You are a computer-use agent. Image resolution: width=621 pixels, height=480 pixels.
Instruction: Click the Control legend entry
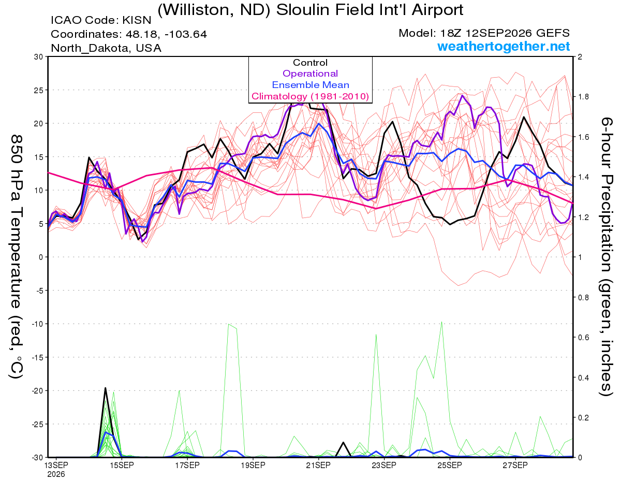tap(310, 63)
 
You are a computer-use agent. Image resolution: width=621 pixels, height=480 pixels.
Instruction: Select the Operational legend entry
tap(310, 74)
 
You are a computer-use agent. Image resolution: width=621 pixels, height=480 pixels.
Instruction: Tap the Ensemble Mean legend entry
tap(310, 85)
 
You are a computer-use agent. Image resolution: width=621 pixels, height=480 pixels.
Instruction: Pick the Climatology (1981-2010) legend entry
tap(310, 96)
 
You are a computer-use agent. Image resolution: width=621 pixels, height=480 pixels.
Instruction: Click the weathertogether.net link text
tap(504, 46)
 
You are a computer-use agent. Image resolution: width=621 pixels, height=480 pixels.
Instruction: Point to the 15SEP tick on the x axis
tap(122, 465)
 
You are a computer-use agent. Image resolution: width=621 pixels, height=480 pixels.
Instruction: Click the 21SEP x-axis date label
tap(318, 465)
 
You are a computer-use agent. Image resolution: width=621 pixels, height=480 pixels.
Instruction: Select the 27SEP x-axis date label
tap(515, 465)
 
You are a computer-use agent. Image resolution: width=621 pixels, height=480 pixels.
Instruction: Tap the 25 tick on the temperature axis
tap(38, 90)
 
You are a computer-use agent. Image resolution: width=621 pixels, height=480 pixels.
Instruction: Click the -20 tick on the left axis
tap(37, 391)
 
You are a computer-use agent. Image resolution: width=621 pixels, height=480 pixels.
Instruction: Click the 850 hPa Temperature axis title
tap(16, 257)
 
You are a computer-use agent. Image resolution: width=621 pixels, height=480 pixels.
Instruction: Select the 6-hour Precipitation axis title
tap(606, 256)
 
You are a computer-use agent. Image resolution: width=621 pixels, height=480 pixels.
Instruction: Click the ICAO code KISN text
tap(101, 20)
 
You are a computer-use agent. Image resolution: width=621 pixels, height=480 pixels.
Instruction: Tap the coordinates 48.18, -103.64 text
tap(129, 34)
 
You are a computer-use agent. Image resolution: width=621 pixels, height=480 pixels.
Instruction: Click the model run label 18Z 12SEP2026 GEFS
tap(484, 33)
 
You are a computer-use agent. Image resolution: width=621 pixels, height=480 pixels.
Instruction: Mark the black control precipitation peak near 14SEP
tap(105, 388)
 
